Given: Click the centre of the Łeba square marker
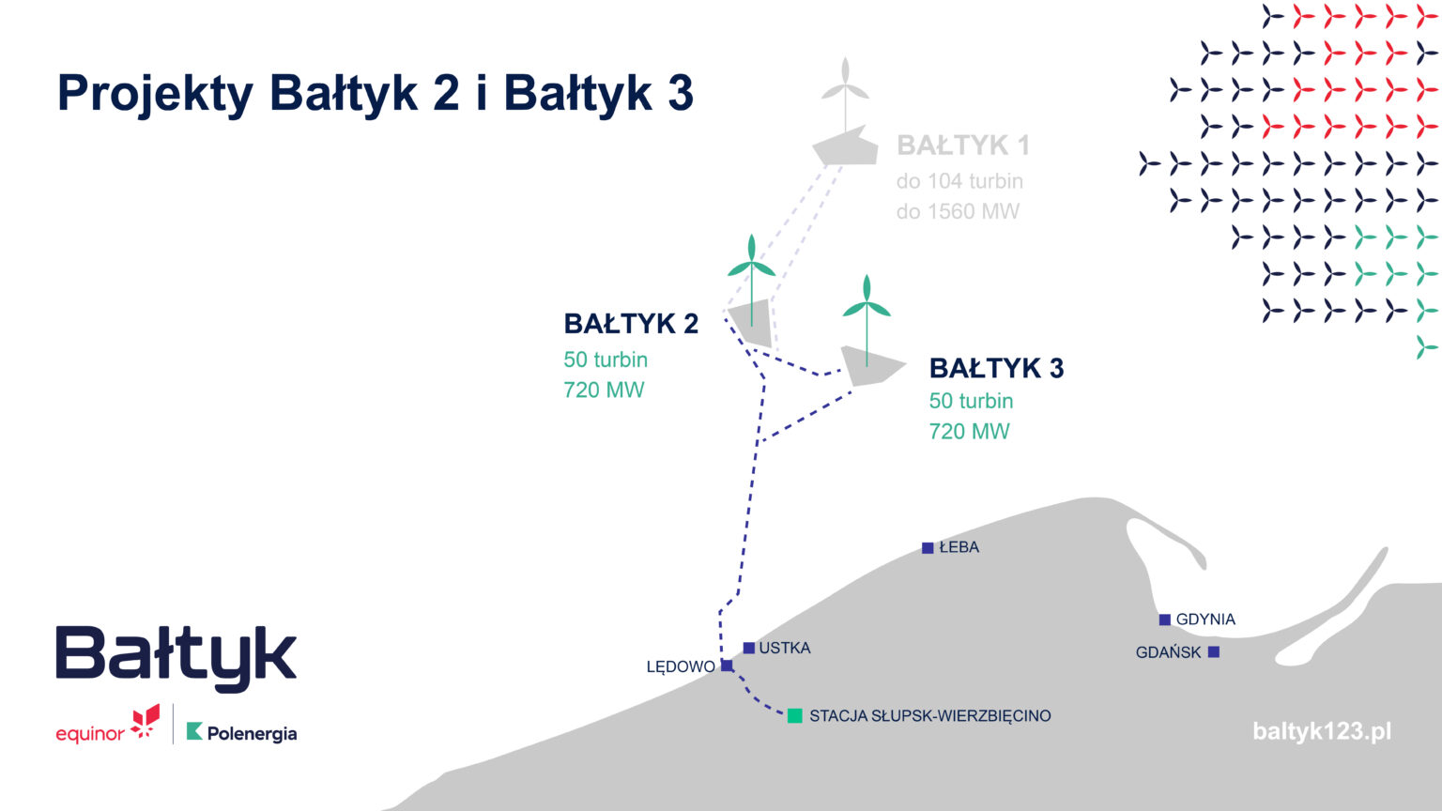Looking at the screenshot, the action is point(928,548).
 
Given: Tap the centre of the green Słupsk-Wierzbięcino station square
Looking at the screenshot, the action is point(795,716).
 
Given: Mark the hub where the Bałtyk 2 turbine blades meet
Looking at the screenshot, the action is point(751,263).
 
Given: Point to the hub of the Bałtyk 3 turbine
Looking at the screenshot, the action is point(867,303).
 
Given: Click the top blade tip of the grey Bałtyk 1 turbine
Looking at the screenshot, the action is point(845,58).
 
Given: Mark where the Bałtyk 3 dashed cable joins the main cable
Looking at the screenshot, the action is point(759,442).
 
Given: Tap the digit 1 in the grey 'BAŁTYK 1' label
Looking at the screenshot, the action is point(1023,145).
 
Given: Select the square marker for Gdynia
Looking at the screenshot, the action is point(1164,620).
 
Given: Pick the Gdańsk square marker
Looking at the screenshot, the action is point(1214,652).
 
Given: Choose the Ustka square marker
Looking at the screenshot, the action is point(748,649).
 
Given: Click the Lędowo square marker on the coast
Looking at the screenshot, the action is point(727,666).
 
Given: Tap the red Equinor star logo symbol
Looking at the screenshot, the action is point(145,722).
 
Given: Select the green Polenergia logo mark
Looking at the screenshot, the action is point(194,731).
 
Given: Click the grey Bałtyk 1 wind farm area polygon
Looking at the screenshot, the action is point(845,146).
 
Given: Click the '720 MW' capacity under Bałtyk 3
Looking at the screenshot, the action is point(969,431).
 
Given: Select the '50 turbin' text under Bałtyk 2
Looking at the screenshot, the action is point(606,360).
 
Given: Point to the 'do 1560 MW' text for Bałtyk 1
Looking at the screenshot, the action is point(958,212).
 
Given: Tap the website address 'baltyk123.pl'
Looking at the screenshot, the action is point(1322,732).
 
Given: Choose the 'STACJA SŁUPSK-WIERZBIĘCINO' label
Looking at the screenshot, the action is point(930,716).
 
